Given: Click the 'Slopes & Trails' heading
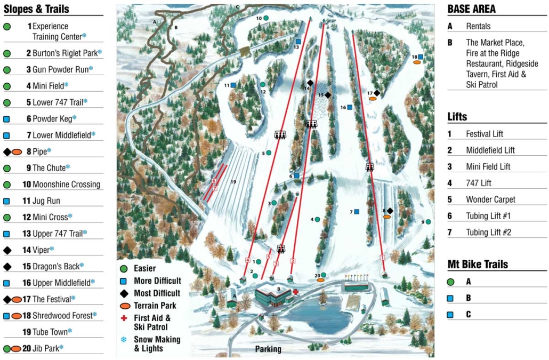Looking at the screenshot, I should (x=36, y=9).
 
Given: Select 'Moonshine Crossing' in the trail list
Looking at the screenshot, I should (x=66, y=185).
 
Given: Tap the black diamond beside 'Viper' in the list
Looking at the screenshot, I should (x=7, y=250).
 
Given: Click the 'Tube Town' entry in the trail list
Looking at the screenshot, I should (x=50, y=332).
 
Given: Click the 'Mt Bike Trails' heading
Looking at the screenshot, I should (x=478, y=265).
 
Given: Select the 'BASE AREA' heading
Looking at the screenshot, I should (x=471, y=9).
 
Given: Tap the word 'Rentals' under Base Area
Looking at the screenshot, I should (x=478, y=26).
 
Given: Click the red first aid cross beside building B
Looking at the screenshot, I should (x=295, y=292).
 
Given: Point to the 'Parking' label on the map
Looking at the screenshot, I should (x=268, y=349).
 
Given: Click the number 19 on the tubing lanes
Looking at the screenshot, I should (x=233, y=182).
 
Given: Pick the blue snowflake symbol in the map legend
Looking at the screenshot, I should (x=124, y=339).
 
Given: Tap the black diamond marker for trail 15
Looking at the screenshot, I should (x=328, y=95).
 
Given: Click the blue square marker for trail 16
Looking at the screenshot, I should (x=350, y=107).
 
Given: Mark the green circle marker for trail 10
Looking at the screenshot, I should (x=265, y=18).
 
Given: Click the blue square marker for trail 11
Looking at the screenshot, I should (x=233, y=85).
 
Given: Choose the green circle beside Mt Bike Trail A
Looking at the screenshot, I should (x=450, y=282).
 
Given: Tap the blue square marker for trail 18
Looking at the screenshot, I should (x=421, y=57).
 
